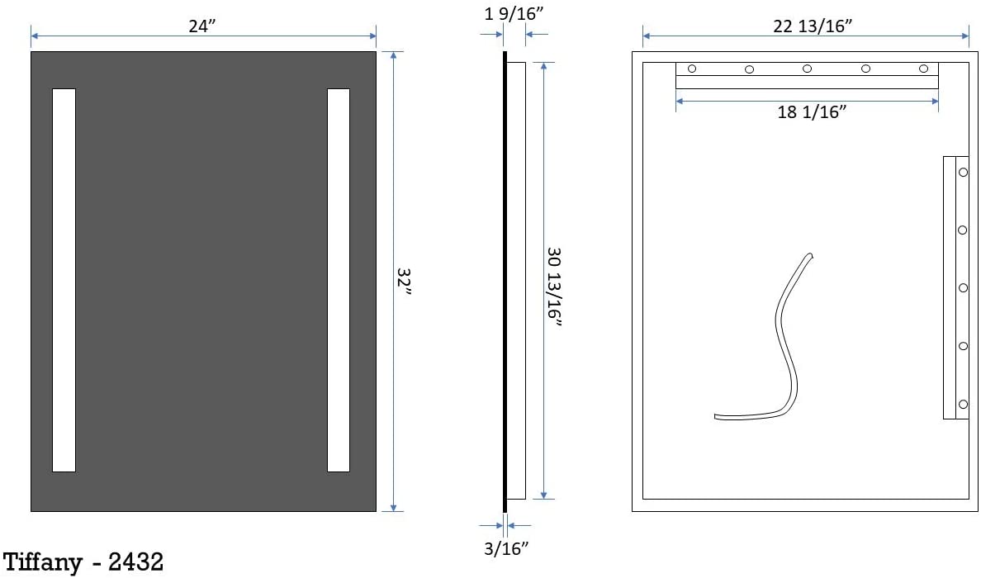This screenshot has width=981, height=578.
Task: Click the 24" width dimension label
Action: (x=202, y=26)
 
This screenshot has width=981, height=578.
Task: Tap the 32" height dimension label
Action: (x=404, y=282)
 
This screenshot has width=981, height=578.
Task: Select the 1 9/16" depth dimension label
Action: (x=514, y=13)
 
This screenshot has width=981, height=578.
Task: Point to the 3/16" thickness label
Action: (x=506, y=548)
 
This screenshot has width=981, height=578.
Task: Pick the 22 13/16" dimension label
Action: (x=813, y=26)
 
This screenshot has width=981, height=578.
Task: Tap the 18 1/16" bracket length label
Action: (x=812, y=112)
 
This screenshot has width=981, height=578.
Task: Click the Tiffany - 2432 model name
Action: (x=83, y=561)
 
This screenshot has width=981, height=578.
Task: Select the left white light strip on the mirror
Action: (x=64, y=280)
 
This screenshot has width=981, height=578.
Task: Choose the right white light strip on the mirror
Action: (x=339, y=280)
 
